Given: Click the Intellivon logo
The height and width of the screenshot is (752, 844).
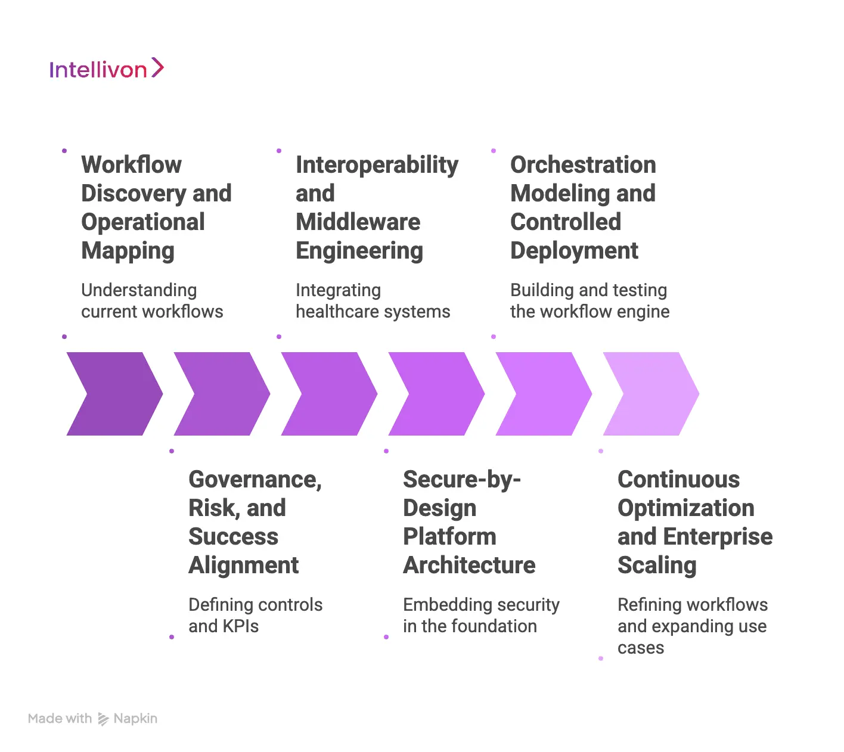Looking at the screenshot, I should [x=106, y=69].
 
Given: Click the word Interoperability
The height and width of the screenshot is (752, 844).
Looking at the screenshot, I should [x=377, y=165].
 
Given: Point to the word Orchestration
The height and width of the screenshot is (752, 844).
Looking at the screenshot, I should [x=583, y=165].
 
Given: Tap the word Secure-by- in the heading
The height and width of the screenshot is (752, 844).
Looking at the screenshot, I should [x=461, y=480].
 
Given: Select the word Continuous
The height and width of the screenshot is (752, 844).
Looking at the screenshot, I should [x=678, y=480].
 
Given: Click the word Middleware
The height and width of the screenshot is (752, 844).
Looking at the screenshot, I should [x=358, y=222].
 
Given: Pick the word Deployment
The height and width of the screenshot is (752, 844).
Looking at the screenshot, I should [x=574, y=251].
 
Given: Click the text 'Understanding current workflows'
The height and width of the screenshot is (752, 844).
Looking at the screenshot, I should [x=152, y=301].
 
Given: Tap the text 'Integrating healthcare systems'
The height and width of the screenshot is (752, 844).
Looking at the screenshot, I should [x=373, y=301].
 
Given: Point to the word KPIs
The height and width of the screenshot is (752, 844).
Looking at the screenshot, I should [x=240, y=626].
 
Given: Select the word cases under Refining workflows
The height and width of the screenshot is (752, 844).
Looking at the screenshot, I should [x=640, y=648].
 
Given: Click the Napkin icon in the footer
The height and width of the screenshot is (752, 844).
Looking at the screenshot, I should [x=103, y=719].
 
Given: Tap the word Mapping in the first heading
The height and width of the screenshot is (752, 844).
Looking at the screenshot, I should [x=128, y=251].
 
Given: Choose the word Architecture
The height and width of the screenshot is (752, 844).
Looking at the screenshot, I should [x=469, y=565].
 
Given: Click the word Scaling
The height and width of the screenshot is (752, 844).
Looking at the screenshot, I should [x=656, y=565].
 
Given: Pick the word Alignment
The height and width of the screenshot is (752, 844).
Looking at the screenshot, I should [x=243, y=565].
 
